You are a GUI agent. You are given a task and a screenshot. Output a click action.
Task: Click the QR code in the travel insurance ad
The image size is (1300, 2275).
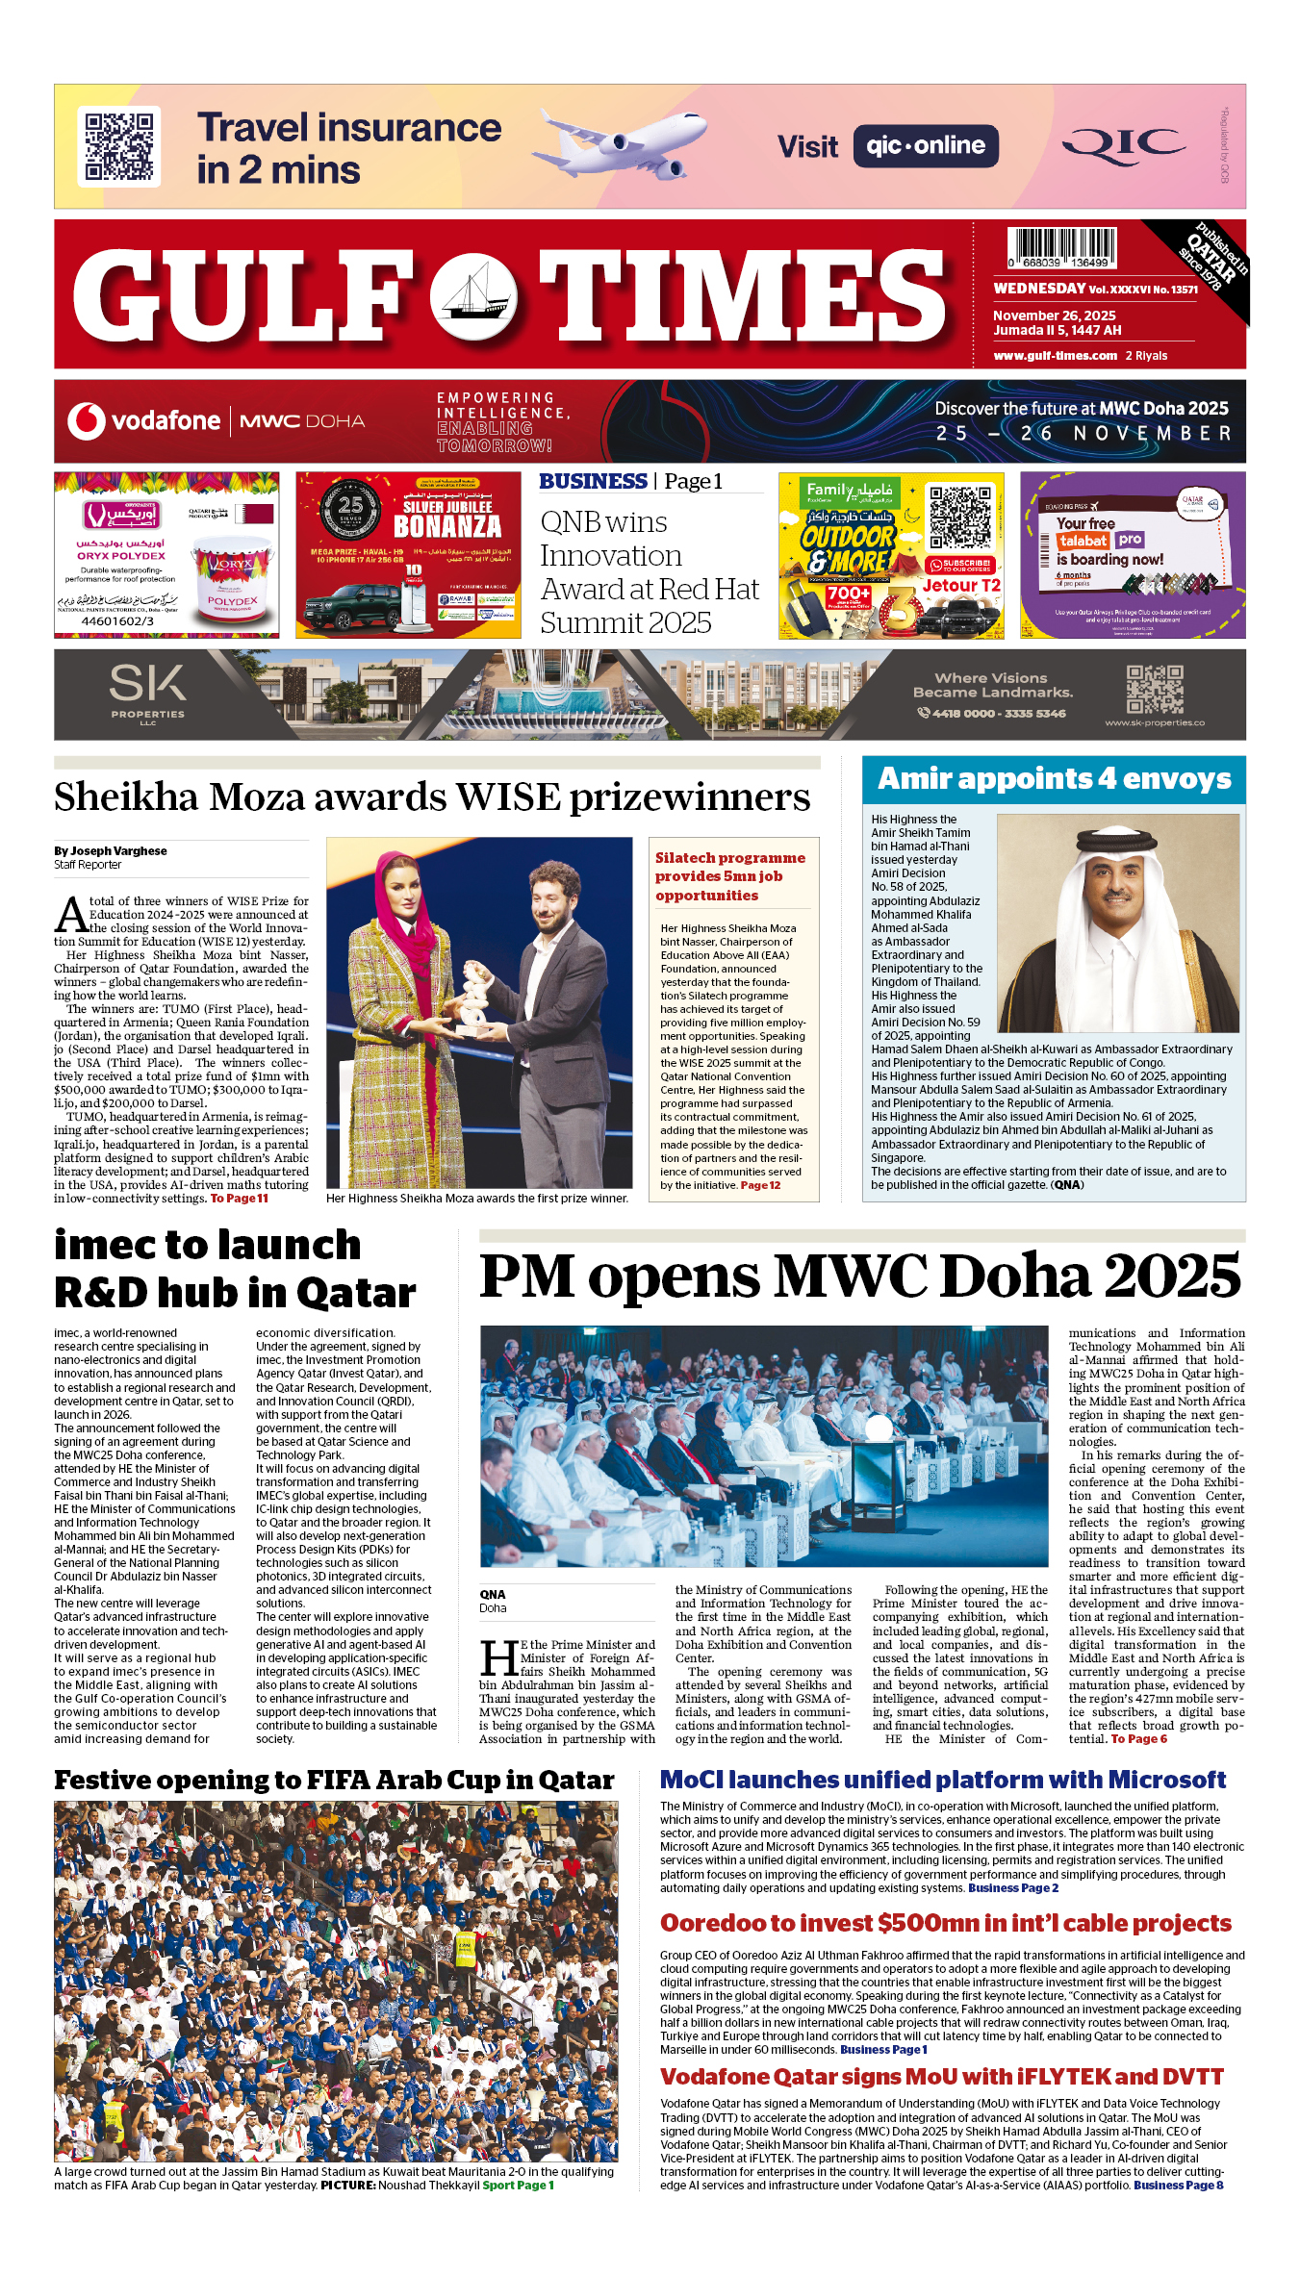tap(119, 146)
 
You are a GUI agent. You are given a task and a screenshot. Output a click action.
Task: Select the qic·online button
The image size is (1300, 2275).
tap(925, 146)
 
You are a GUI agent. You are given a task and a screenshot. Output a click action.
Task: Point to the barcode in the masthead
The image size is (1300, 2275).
tap(1061, 246)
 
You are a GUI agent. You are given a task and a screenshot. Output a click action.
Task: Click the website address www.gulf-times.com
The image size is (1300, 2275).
tap(1055, 356)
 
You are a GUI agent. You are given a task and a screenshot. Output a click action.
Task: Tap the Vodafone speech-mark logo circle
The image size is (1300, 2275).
tap(86, 421)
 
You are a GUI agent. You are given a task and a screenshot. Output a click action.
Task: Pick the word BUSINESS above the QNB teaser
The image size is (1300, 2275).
tap(593, 481)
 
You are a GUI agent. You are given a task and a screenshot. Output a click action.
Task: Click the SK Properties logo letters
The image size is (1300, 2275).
tap(147, 684)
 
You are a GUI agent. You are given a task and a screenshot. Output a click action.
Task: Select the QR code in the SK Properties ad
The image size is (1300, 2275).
tap(1155, 689)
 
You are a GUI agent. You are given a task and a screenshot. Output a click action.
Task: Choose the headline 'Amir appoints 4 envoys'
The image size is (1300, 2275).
tap(1054, 779)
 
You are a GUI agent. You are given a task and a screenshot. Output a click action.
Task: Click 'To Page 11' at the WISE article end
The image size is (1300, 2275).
tap(240, 1199)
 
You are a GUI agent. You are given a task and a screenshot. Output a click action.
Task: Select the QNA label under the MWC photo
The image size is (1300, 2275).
tap(493, 1595)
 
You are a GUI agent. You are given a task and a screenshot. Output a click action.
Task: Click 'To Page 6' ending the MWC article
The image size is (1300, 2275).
tap(1138, 1739)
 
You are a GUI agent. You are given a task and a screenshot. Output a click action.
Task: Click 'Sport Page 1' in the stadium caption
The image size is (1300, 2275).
tap(518, 2186)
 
